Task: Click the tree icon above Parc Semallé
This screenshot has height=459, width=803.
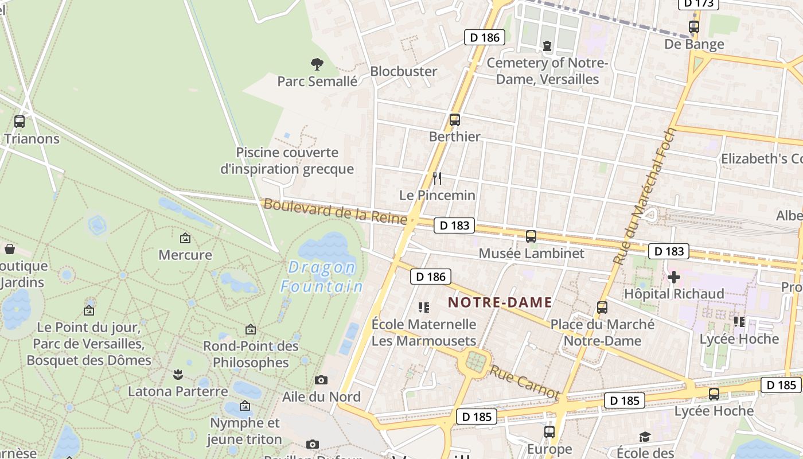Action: [x=317, y=64]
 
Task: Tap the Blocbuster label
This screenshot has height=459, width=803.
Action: [x=403, y=72]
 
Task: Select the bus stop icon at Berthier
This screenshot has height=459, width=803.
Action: [x=455, y=120]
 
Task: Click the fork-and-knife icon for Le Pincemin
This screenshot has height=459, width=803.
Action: [x=437, y=178]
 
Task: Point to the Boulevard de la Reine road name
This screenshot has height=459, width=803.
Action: [x=335, y=212]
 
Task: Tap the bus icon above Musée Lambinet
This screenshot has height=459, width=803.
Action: [x=531, y=236]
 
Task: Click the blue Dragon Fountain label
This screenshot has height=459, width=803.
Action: [x=321, y=277]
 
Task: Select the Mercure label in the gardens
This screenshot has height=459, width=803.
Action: [x=185, y=255]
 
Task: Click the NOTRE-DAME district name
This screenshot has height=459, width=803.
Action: [x=500, y=302]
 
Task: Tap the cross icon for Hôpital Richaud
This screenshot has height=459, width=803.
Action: [x=673, y=278]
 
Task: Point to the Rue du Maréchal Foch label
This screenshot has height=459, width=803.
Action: [x=645, y=196]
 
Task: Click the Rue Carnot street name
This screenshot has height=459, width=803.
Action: [x=524, y=382]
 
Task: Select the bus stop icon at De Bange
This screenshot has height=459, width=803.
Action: [x=694, y=26]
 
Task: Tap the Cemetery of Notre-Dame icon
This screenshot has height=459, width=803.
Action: [x=547, y=45]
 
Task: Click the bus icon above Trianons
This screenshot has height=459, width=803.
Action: [x=20, y=122]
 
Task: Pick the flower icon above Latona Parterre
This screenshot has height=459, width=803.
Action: [x=178, y=375]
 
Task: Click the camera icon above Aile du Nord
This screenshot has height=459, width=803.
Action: [x=321, y=380]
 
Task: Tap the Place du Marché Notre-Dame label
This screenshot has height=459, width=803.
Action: [x=602, y=333]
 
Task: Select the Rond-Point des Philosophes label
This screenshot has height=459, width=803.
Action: [x=251, y=354]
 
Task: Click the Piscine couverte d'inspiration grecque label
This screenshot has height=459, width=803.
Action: [x=287, y=161]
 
